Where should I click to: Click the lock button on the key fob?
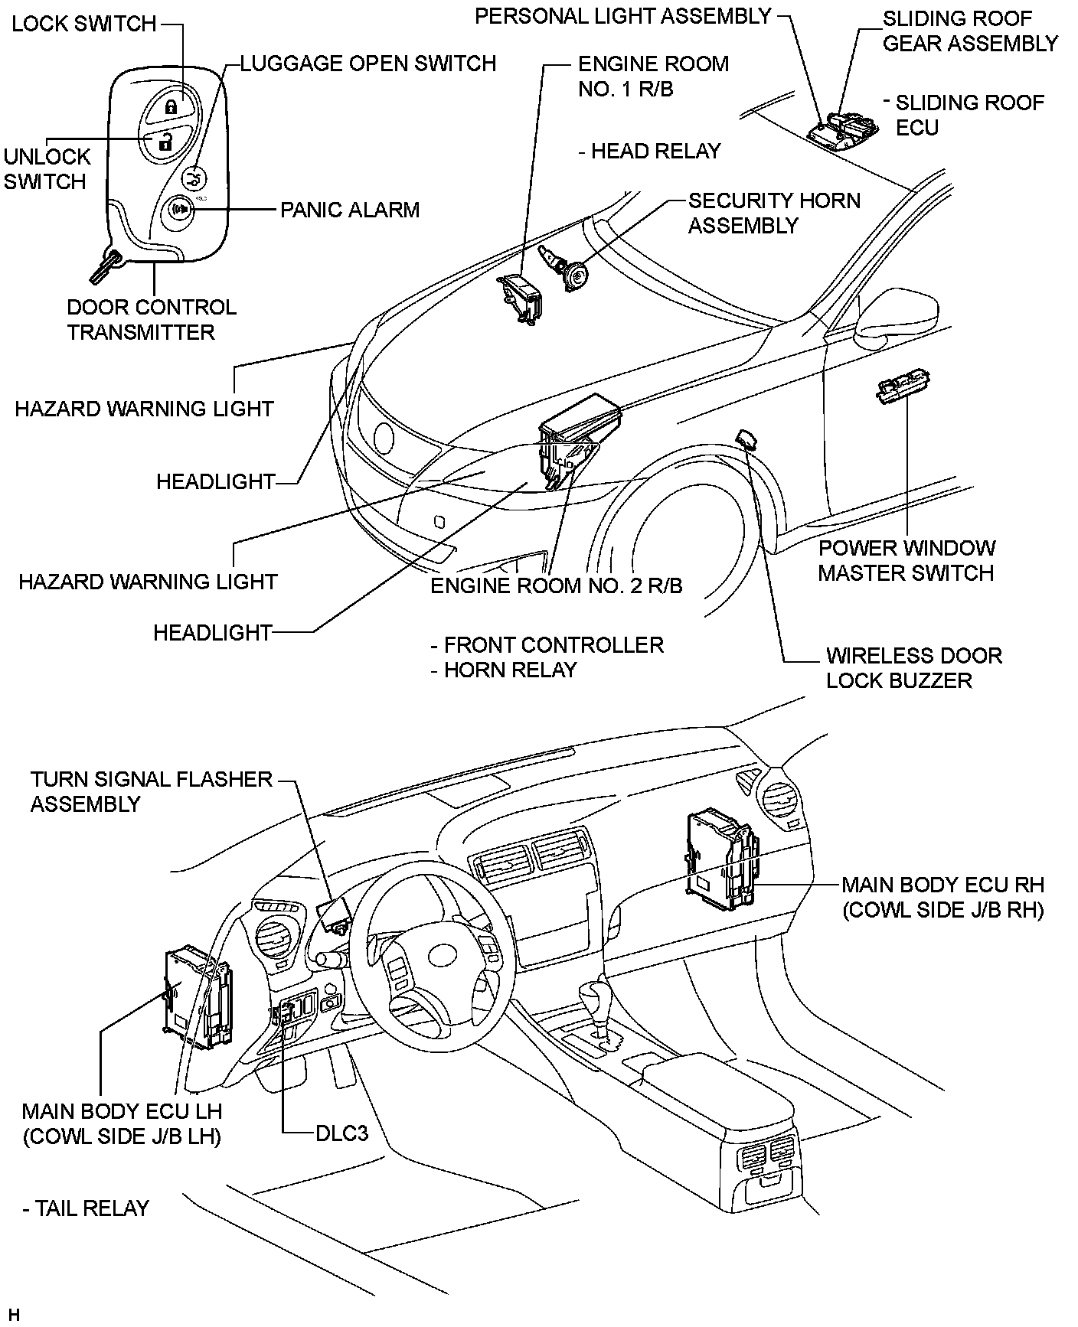[171, 106]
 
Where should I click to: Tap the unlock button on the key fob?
[162, 141]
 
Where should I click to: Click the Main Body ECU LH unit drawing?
[198, 998]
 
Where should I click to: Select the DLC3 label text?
[342, 1132]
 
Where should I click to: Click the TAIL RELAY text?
[86, 1208]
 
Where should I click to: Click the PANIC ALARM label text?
[350, 210]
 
